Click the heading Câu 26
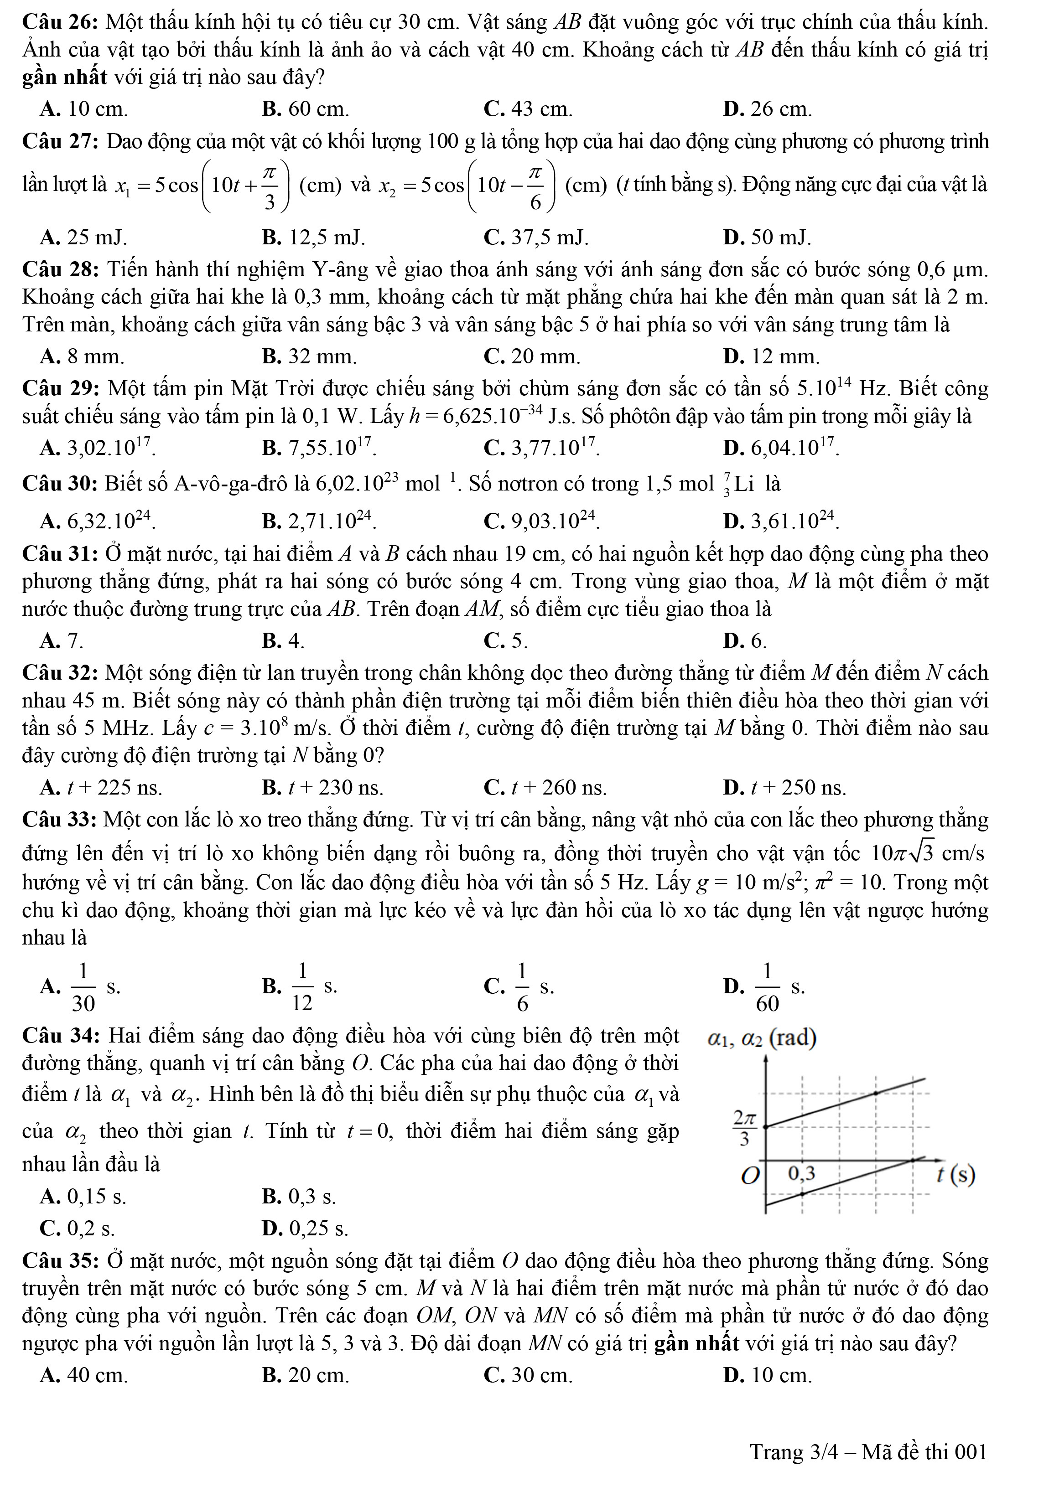coord(60,22)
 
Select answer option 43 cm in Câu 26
coord(528,109)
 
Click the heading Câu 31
coord(60,554)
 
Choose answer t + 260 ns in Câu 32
coord(545,788)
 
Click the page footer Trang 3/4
coord(868,1451)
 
